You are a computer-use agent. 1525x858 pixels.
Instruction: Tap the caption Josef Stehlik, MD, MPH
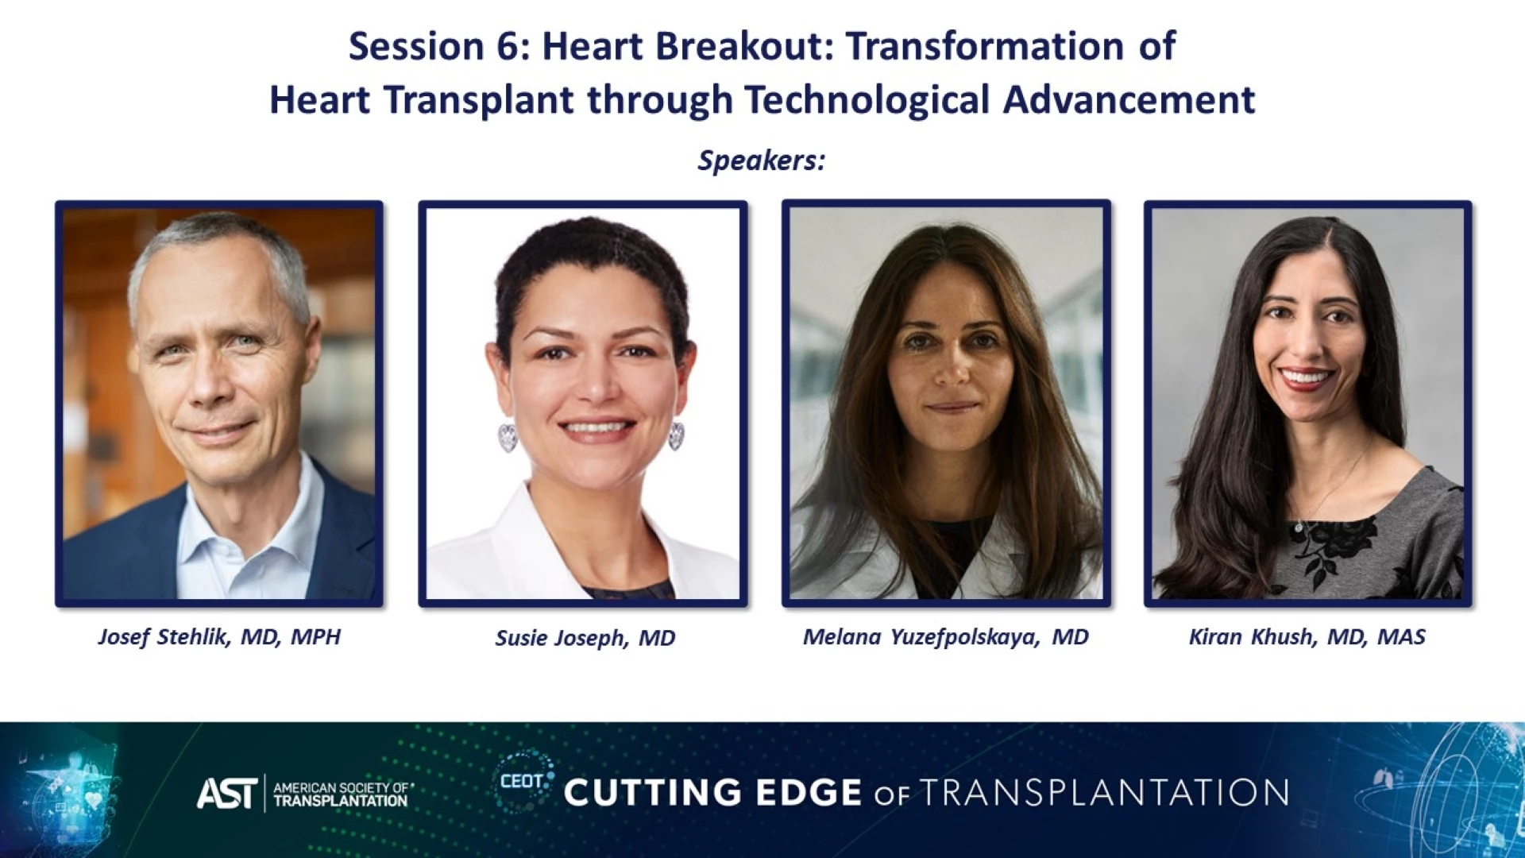(219, 637)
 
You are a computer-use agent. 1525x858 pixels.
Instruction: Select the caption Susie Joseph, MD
(585, 638)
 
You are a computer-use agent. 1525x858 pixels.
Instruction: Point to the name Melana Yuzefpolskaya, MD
(945, 637)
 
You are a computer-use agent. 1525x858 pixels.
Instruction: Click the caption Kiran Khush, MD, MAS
(1307, 637)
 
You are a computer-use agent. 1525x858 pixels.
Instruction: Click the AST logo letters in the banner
(227, 793)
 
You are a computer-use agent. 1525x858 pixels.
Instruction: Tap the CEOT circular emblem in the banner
(523, 782)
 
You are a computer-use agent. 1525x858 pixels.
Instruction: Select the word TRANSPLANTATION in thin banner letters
(1104, 793)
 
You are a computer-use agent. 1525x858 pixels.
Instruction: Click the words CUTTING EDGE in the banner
(712, 793)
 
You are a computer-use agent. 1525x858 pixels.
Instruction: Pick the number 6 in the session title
(508, 46)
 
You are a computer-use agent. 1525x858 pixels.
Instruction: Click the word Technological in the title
(867, 100)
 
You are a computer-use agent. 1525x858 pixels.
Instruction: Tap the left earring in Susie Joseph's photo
(508, 436)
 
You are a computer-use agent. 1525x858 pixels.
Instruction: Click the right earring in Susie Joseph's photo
(676, 435)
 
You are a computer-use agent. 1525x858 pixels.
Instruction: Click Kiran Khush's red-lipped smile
(1305, 378)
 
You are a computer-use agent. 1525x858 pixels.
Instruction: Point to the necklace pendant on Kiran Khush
(1297, 526)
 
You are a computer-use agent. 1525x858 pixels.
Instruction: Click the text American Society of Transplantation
(342, 794)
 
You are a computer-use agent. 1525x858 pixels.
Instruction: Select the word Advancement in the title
(1129, 100)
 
